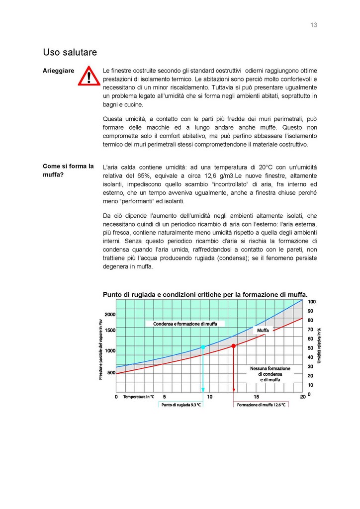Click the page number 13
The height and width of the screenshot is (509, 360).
(314, 25)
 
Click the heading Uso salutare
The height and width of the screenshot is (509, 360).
(70, 52)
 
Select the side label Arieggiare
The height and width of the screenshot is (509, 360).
(59, 71)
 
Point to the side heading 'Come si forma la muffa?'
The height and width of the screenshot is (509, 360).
(68, 170)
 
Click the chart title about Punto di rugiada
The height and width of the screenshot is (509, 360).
(205, 294)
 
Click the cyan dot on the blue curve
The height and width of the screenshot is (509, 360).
(203, 346)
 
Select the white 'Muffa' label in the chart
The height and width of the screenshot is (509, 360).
(263, 330)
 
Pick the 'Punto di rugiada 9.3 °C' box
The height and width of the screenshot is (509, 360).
(181, 405)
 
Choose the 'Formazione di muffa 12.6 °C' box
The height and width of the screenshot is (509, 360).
(261, 405)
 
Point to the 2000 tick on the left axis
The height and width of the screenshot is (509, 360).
(110, 315)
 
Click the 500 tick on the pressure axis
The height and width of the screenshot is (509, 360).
(111, 373)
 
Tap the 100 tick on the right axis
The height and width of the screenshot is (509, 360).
(312, 302)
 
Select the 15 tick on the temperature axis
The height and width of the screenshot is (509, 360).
(256, 397)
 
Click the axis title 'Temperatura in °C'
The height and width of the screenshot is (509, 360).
(139, 397)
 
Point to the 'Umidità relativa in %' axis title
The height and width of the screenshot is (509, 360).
(319, 344)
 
